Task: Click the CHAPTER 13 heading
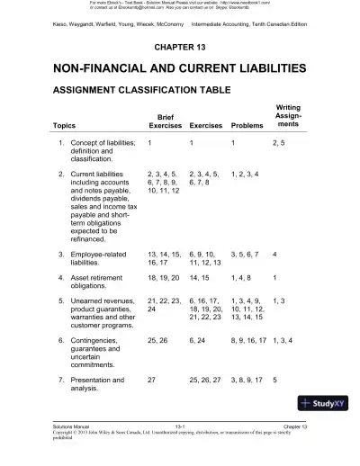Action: (180, 46)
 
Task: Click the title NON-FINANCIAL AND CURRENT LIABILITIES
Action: (180, 67)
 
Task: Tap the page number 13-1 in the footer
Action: (180, 445)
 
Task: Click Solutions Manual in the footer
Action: (72, 445)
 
